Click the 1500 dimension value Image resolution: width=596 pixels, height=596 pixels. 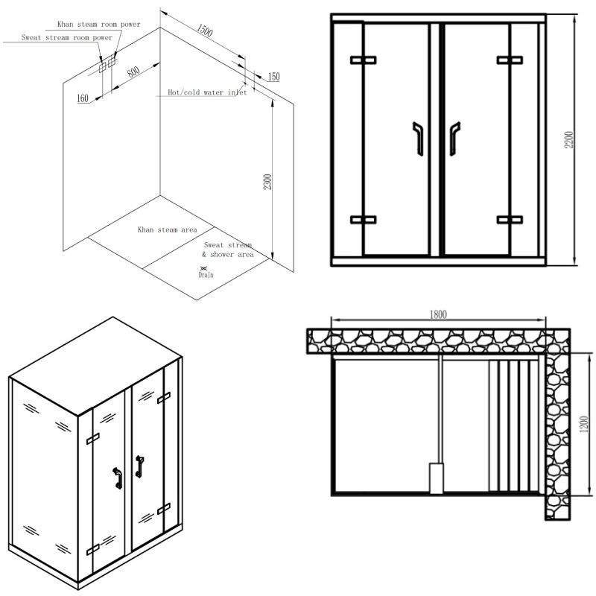tap(205, 31)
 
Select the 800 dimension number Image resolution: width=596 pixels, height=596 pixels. tap(134, 74)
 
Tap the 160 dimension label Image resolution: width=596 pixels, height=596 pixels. tap(82, 98)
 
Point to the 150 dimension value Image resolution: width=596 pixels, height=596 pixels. tap(273, 77)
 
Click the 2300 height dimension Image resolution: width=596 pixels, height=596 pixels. tap(267, 181)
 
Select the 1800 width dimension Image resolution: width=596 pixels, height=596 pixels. tap(438, 315)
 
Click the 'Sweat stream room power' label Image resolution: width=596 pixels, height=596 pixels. tap(67, 37)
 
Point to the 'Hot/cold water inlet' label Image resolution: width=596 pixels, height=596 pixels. tap(206, 94)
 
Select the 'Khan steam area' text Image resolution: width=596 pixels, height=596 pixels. tap(167, 230)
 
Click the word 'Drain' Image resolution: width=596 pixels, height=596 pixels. tap(206, 275)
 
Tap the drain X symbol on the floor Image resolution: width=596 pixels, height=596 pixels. tap(205, 267)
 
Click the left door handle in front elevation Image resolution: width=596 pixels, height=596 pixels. tap(419, 139)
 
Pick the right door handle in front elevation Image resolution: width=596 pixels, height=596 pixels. tap(454, 139)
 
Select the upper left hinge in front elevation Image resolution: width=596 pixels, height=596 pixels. tap(364, 60)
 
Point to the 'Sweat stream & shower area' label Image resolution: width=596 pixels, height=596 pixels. tap(229, 250)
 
